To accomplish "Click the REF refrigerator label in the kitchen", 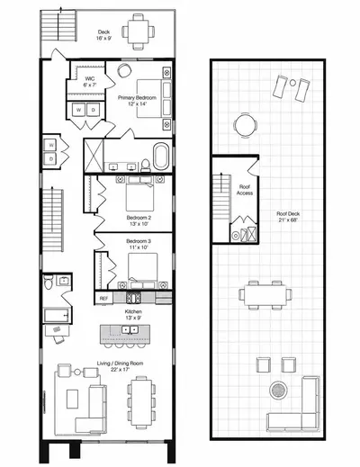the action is pyautogui.click(x=103, y=299).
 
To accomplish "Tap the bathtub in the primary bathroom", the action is pyautogui.click(x=161, y=156).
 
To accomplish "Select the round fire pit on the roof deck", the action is pyautogui.click(x=278, y=390).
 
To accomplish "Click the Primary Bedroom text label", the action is pyautogui.click(x=137, y=98).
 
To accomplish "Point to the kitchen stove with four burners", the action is pyautogui.click(x=133, y=298).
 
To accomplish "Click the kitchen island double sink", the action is pyautogui.click(x=130, y=330).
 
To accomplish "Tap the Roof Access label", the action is pyautogui.click(x=245, y=190).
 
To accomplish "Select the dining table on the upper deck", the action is pyautogui.click(x=139, y=31).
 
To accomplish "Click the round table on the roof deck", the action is pyautogui.click(x=246, y=125).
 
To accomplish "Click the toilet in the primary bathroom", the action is pyautogui.click(x=146, y=166).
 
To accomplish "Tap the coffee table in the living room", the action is pyautogui.click(x=72, y=399).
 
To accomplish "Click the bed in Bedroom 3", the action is pyautogui.click(x=143, y=271).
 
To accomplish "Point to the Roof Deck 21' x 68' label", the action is pyautogui.click(x=288, y=217).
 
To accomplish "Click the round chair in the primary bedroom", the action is pyautogui.click(x=124, y=70).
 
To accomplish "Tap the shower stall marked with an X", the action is pyautogui.click(x=94, y=156).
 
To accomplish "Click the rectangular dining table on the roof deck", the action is pyautogui.click(x=265, y=295).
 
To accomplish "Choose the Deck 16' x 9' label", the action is pyautogui.click(x=103, y=35).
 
